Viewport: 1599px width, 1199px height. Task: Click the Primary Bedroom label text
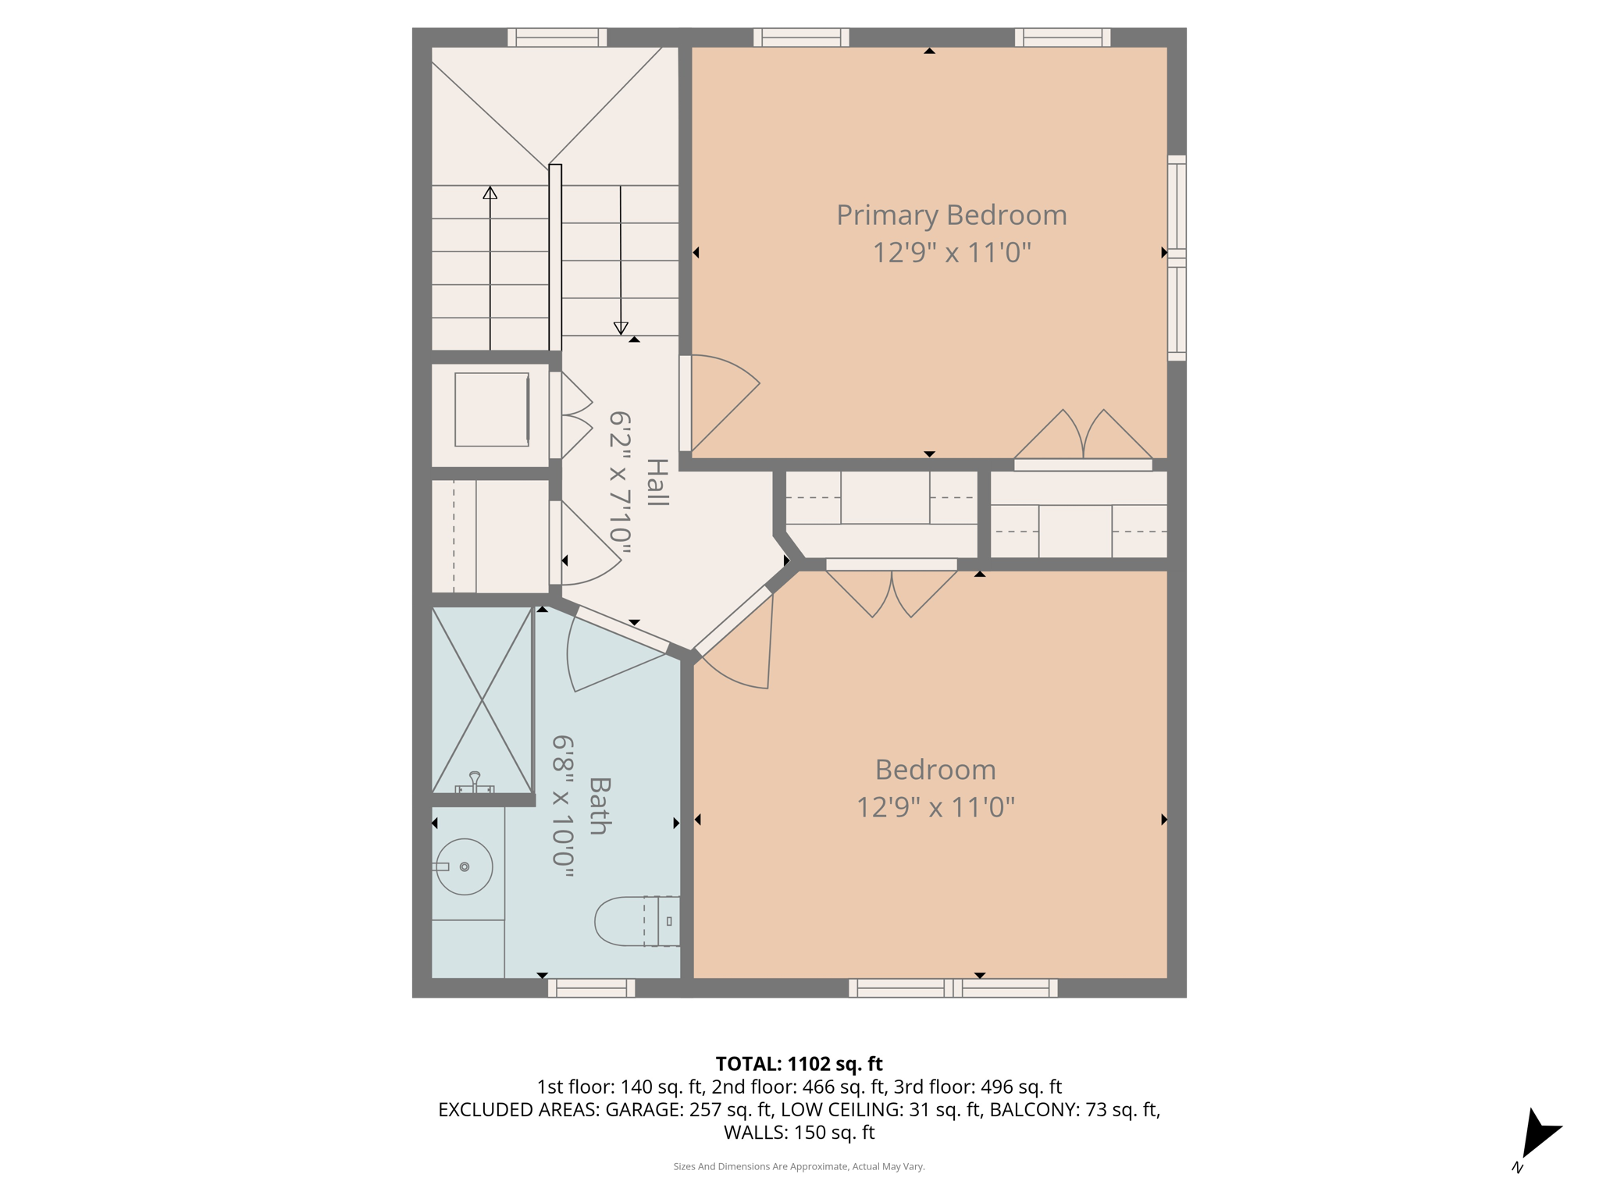[951, 215]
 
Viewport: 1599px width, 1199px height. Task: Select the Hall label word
[657, 482]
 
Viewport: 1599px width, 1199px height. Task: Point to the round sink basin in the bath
[465, 866]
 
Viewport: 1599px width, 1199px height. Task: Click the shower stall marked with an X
[482, 700]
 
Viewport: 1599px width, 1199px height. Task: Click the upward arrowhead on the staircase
[490, 193]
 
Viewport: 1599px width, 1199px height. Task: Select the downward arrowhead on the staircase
[621, 328]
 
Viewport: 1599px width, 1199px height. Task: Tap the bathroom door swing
[609, 652]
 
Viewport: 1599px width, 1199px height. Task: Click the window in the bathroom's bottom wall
[591, 988]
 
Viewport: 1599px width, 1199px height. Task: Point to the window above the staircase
[557, 37]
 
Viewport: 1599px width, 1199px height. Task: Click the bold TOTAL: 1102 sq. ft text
[799, 1064]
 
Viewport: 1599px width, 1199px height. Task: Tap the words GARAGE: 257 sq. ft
[689, 1109]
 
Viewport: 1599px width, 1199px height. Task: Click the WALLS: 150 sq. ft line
[799, 1132]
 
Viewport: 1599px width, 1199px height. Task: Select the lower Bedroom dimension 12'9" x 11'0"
[935, 807]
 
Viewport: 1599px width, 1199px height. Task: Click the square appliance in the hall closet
[492, 410]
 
